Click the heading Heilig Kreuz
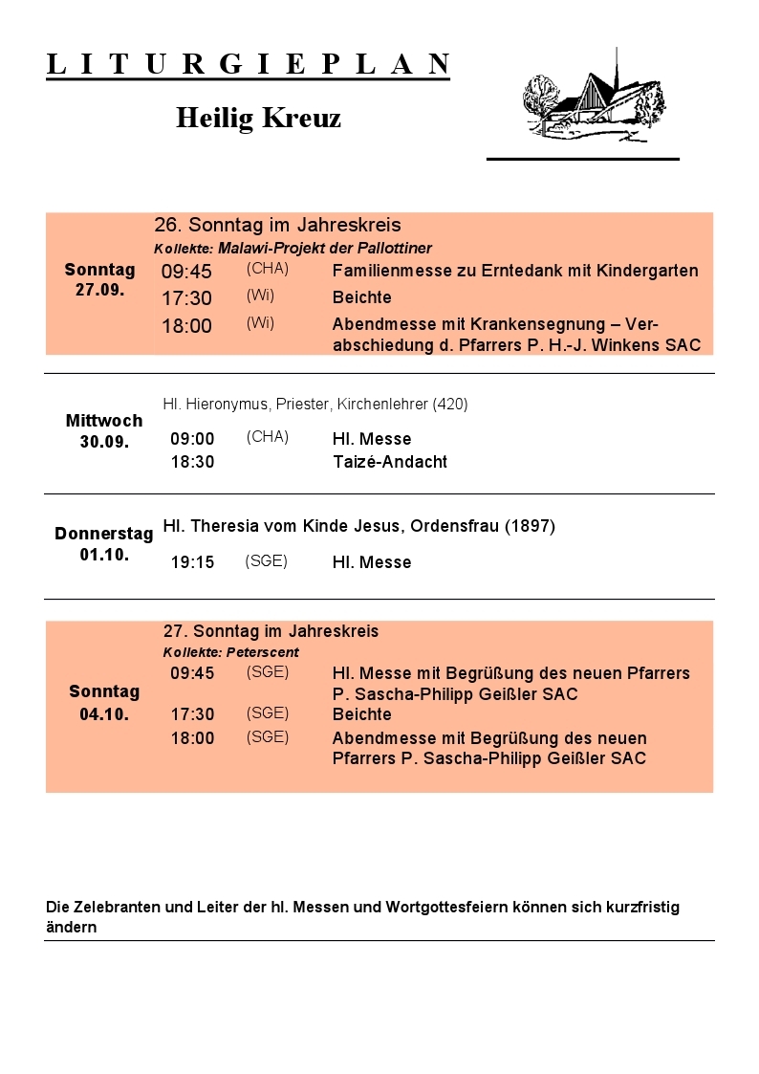pos(258,119)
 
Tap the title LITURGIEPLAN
pos(248,64)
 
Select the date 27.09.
pos(99,290)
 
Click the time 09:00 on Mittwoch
pos(192,439)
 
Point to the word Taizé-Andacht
pos(389,462)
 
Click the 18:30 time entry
pos(192,462)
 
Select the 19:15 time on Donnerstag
pos(192,562)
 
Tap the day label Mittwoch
pos(103,421)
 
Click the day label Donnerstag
pos(103,534)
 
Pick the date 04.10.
pos(103,713)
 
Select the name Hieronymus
pos(228,405)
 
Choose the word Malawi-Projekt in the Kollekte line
pos(271,249)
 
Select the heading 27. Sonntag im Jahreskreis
pos(271,631)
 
